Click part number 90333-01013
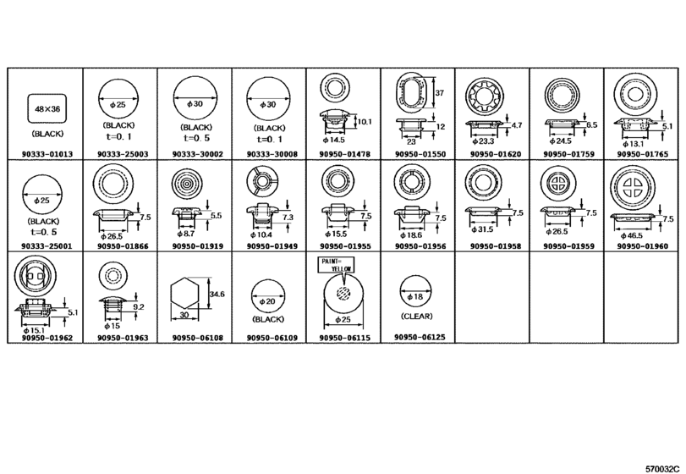47,154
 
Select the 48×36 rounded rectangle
47,108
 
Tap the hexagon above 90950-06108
184,294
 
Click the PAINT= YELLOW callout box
336,265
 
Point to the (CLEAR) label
416,316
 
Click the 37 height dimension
440,93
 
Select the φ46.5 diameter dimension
631,235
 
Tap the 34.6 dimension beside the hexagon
217,294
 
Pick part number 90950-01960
642,246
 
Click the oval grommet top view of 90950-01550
411,90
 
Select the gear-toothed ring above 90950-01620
485,96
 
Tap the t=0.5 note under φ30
196,137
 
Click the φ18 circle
415,291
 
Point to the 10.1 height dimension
365,121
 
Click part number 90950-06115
345,338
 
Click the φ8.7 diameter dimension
186,234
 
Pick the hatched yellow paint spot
343,292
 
